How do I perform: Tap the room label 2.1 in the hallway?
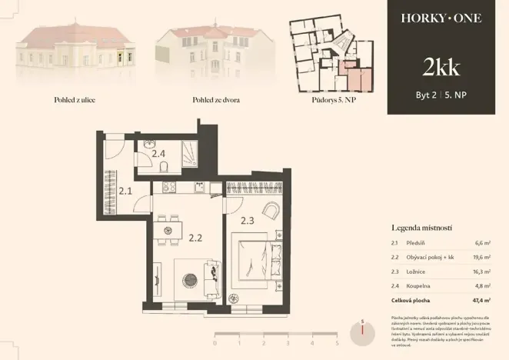[125, 192]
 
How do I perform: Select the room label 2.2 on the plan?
[195, 237]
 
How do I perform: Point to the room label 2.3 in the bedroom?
[247, 220]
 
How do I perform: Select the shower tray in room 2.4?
[188, 154]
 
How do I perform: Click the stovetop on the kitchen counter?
[169, 187]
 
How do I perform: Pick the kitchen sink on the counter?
[200, 187]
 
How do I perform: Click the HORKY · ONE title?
[441, 18]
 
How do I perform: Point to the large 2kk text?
[441, 68]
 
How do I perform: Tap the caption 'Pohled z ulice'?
[54, 100]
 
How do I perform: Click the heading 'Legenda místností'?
[421, 228]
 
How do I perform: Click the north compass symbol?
[361, 332]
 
